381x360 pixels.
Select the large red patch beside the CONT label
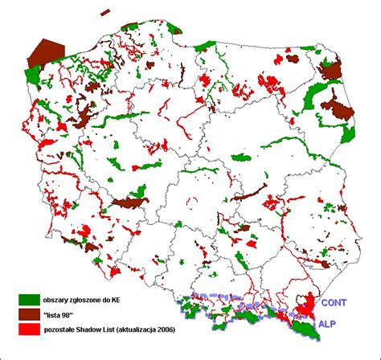305,305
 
